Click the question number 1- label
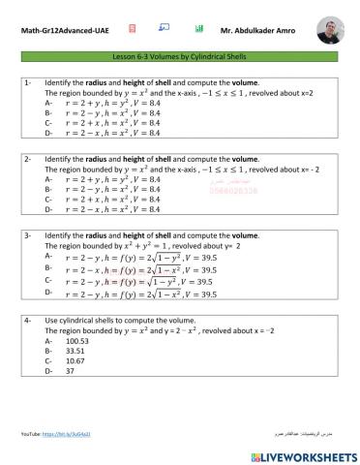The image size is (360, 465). [29, 84]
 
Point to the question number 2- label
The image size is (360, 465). [29, 158]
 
